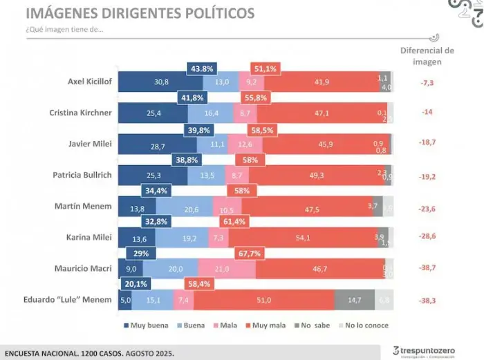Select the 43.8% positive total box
[x=202, y=69]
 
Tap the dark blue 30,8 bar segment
[x=161, y=82]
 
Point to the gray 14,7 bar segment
[x=354, y=300]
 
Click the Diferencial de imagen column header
[x=427, y=55]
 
